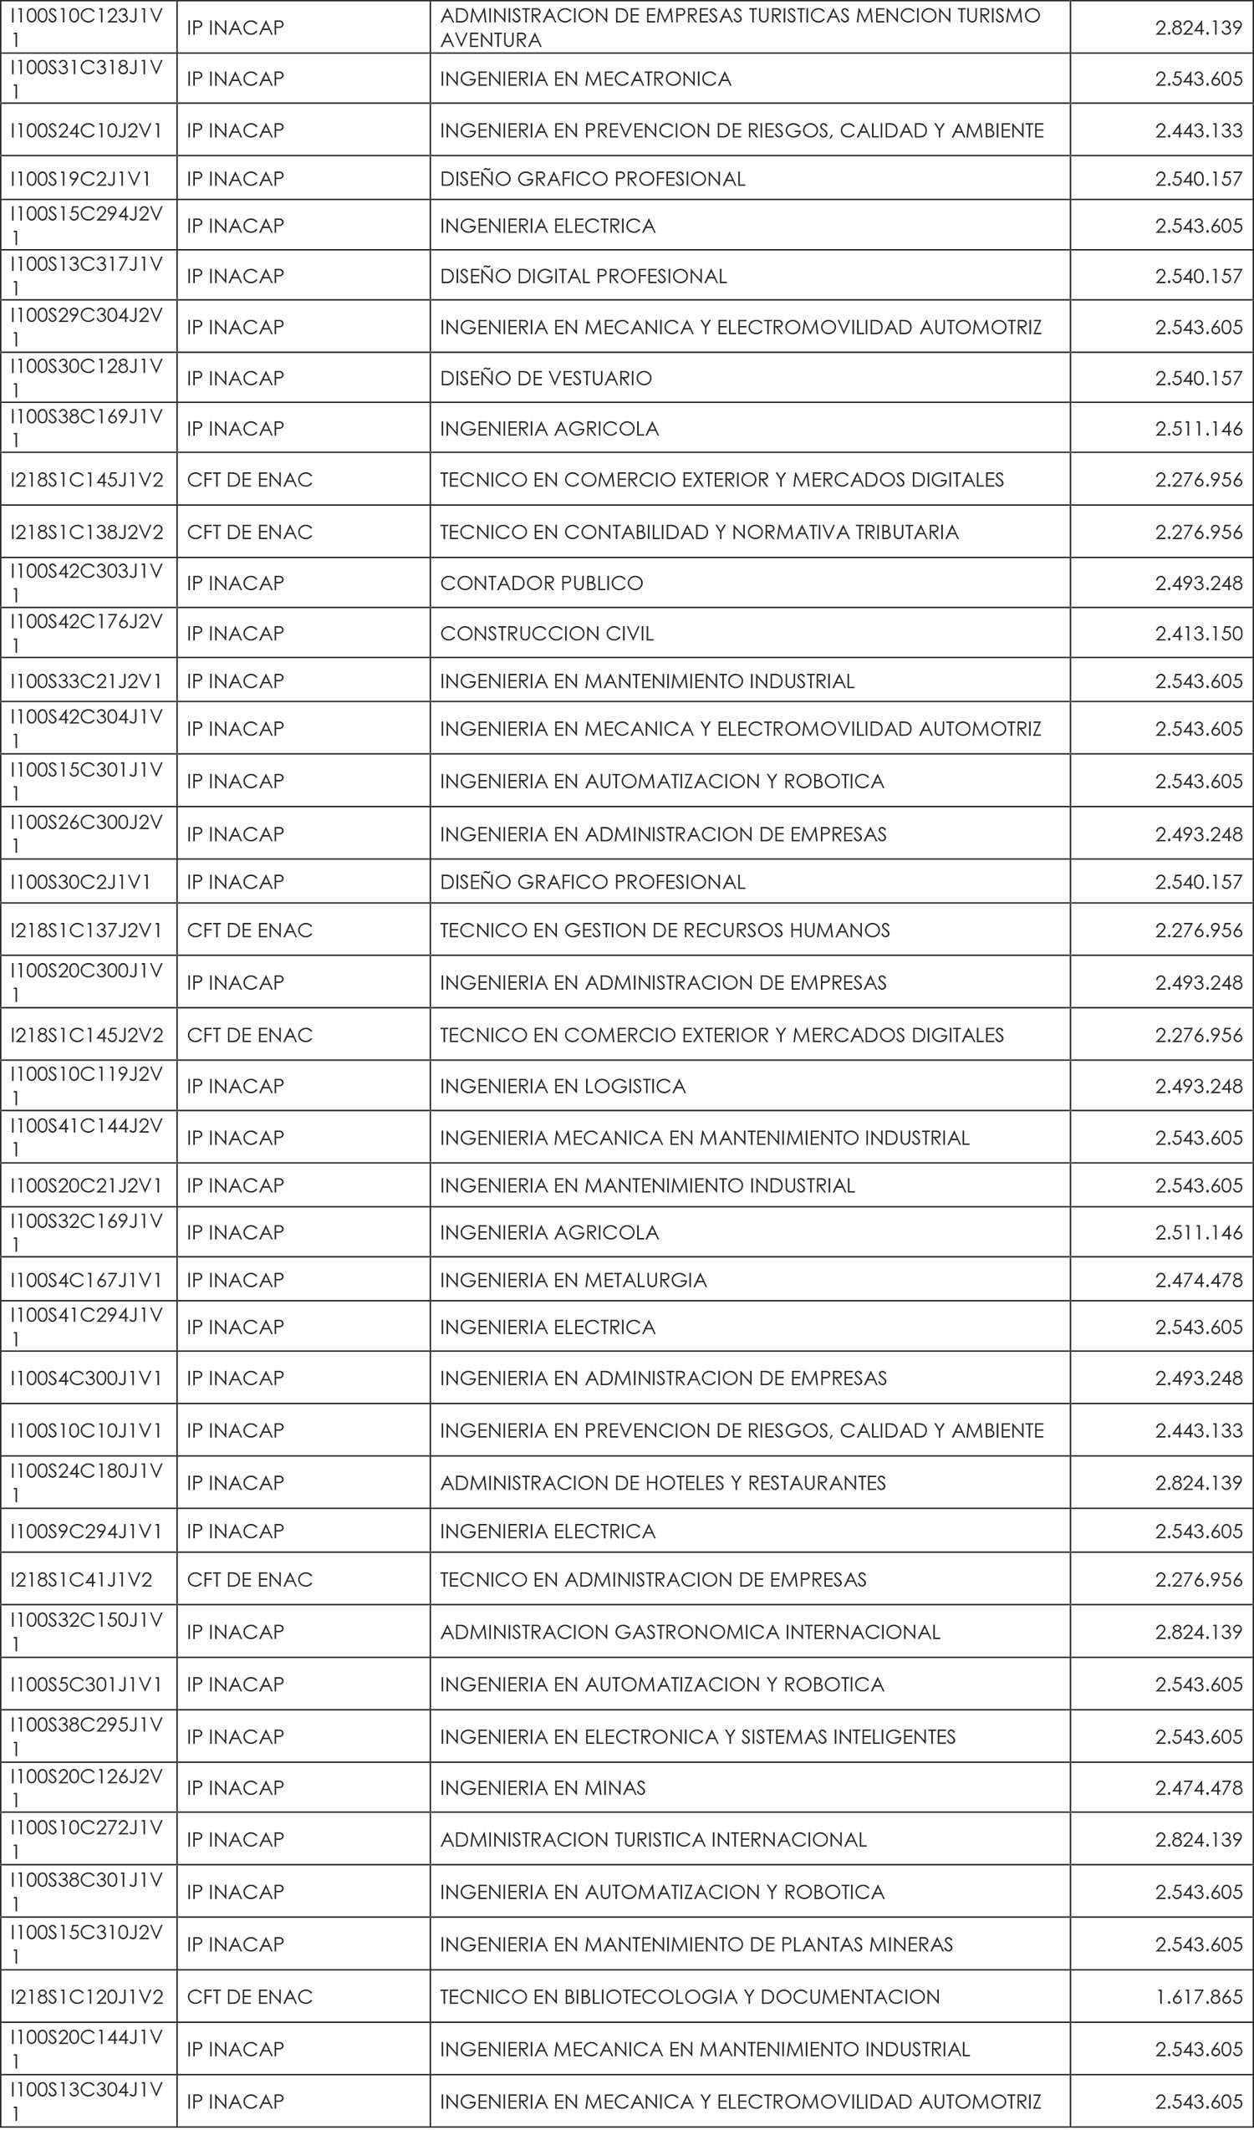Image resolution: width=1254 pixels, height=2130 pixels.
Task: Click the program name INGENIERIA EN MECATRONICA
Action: point(584,79)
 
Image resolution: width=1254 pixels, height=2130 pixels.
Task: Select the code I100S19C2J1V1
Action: point(80,178)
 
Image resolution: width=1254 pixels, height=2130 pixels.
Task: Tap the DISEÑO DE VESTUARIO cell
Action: point(546,378)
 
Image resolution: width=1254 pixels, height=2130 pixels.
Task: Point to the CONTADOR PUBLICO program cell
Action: point(541,583)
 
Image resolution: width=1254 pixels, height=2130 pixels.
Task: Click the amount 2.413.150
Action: point(1198,633)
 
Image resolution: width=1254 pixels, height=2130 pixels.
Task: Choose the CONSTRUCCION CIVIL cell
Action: point(547,633)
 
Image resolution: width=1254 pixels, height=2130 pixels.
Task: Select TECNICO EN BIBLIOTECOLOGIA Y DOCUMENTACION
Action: point(690,1996)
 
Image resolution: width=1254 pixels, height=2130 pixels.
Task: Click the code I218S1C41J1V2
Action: point(80,1579)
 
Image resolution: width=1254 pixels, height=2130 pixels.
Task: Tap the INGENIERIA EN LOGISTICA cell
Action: point(563,1086)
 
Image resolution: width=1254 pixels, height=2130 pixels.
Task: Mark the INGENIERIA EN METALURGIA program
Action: point(573,1280)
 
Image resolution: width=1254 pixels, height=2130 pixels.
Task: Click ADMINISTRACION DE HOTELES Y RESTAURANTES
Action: point(662,1482)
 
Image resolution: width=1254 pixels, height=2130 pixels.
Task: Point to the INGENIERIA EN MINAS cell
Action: point(543,1787)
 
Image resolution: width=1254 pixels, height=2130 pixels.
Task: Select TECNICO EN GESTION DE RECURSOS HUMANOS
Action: point(664,930)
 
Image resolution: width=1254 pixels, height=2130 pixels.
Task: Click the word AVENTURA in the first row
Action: point(490,40)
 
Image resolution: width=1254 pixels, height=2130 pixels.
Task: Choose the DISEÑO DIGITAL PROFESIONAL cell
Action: point(583,277)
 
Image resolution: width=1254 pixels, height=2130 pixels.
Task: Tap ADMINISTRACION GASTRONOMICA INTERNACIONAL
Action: point(690,1631)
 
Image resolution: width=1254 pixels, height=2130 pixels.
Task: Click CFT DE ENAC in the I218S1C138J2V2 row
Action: point(249,532)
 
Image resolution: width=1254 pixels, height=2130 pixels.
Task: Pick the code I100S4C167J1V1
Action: point(85,1280)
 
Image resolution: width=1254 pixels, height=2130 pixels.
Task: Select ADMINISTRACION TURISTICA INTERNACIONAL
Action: point(652,1839)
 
